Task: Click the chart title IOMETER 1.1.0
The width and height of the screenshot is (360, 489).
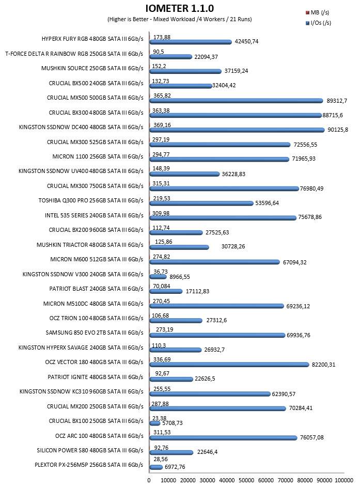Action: point(179,8)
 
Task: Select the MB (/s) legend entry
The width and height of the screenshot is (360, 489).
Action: point(318,12)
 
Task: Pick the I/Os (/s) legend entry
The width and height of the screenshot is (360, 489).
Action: point(318,23)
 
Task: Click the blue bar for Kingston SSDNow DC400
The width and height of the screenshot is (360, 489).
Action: point(237,130)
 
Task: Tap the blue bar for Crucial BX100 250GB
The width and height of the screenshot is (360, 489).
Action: point(155,423)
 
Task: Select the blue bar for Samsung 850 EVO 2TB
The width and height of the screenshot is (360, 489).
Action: point(217,335)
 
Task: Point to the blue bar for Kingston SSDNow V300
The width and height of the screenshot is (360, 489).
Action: point(158,277)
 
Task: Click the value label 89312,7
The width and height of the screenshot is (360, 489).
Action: point(337,101)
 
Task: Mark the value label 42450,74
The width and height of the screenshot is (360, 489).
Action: point(246,41)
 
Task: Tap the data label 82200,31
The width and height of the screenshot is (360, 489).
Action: point(323,365)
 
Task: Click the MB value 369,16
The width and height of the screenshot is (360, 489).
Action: point(162,125)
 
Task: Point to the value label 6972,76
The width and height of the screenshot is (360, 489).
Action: point(175,467)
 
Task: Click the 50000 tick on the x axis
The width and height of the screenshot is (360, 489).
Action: point(246,480)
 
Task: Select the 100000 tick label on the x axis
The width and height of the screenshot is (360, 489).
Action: point(344,480)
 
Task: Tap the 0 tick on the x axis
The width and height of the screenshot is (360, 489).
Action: point(149,480)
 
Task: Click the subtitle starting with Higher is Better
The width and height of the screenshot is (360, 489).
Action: point(180,19)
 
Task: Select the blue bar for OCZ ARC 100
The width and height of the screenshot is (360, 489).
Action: point(223,438)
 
